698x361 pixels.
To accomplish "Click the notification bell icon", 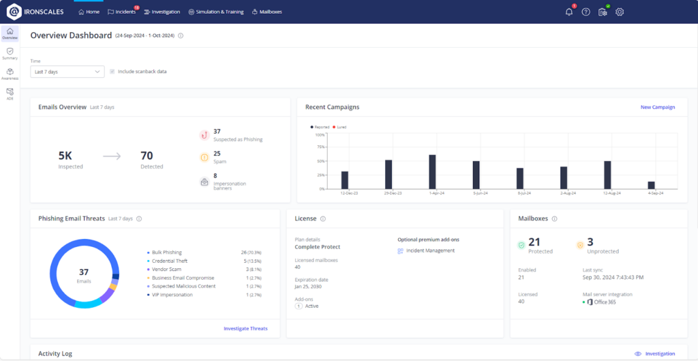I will [569, 12].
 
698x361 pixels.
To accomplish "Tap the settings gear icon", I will [620, 12].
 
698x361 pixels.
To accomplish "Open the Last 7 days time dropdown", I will [67, 71].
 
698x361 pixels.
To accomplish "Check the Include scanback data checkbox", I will [112, 71].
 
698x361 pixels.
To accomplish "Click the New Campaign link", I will [657, 107].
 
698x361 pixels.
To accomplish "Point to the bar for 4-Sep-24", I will [651, 185].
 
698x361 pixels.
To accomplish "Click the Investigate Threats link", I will [245, 328].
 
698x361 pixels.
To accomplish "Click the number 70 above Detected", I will [147, 156].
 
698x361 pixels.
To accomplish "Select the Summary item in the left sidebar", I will [10, 53].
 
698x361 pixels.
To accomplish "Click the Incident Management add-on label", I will [430, 250].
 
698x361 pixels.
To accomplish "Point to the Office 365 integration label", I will [605, 302].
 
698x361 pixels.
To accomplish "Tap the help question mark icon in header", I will [586, 12].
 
